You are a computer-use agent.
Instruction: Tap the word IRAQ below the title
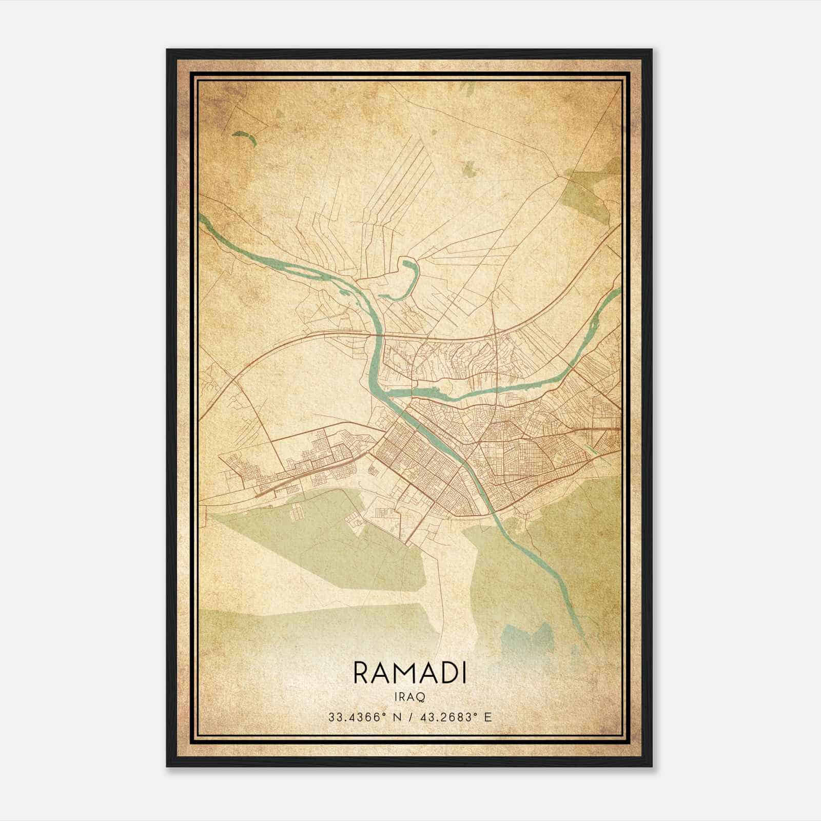coord(410,696)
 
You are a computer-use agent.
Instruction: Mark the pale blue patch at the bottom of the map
coord(529,641)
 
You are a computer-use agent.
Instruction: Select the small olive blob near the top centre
coord(468,167)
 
